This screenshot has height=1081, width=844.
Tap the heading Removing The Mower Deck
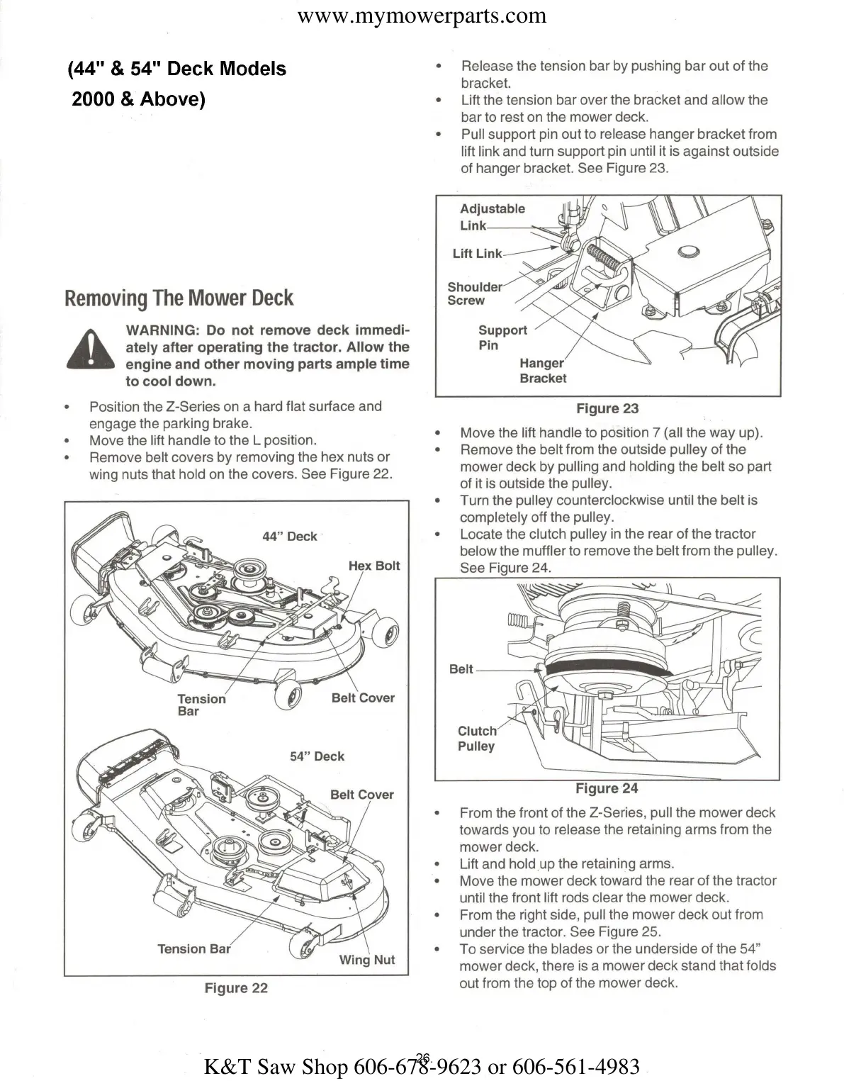(x=179, y=298)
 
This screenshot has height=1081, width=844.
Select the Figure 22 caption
(x=236, y=988)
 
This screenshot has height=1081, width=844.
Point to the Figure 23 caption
(x=607, y=408)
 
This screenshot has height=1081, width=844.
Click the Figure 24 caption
(x=607, y=788)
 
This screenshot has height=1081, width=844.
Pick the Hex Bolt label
(x=374, y=566)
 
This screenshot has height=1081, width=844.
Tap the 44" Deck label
(x=290, y=537)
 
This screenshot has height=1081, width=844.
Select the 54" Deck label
(x=317, y=756)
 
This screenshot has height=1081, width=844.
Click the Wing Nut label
(x=367, y=960)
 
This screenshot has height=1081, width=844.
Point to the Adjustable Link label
(x=492, y=217)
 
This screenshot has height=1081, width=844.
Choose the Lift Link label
(x=477, y=254)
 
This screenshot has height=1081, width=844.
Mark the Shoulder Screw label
(x=474, y=293)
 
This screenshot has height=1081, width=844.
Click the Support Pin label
(x=502, y=337)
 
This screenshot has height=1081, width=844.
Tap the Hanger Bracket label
(x=542, y=371)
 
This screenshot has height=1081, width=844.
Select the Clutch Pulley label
(x=477, y=739)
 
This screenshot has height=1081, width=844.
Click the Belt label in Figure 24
(x=461, y=669)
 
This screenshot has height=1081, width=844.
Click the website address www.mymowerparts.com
(x=422, y=16)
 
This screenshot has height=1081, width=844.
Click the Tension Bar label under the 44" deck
(x=201, y=705)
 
